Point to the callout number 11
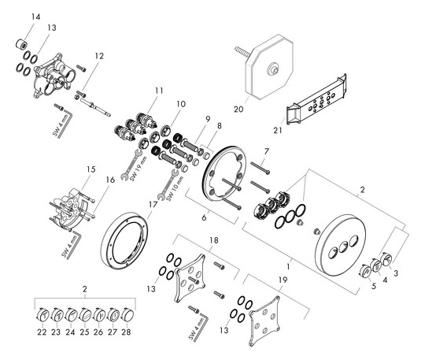click(x=160, y=91)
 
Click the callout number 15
click(x=90, y=169)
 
